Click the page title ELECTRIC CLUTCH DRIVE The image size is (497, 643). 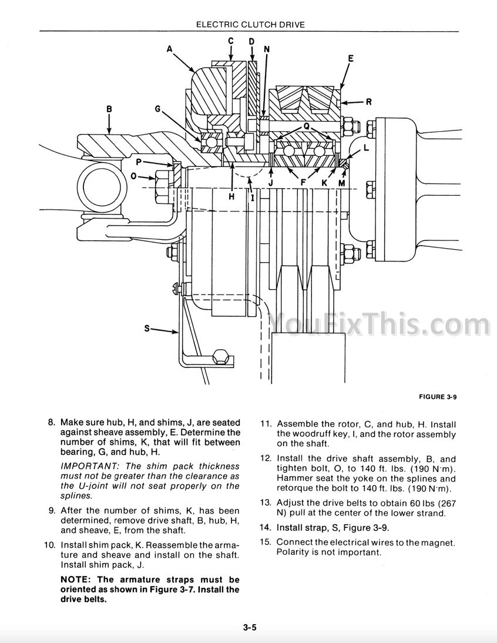[x=250, y=25]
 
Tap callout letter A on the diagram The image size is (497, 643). [x=170, y=49]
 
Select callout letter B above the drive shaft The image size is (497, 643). [x=109, y=109]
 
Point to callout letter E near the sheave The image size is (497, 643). [x=351, y=58]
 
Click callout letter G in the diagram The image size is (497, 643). [x=157, y=109]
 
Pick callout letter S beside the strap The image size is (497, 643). [x=147, y=328]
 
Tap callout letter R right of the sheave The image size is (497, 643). [x=369, y=102]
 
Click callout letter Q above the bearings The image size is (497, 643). [x=307, y=127]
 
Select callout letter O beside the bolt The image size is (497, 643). [x=133, y=177]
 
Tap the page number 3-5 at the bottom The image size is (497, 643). [x=249, y=627]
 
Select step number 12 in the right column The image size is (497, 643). [x=266, y=459]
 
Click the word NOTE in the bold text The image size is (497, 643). [x=75, y=580]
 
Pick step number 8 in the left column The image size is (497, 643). [x=51, y=423]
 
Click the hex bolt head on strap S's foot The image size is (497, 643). [x=221, y=356]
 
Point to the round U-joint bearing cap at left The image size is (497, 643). [x=102, y=186]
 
